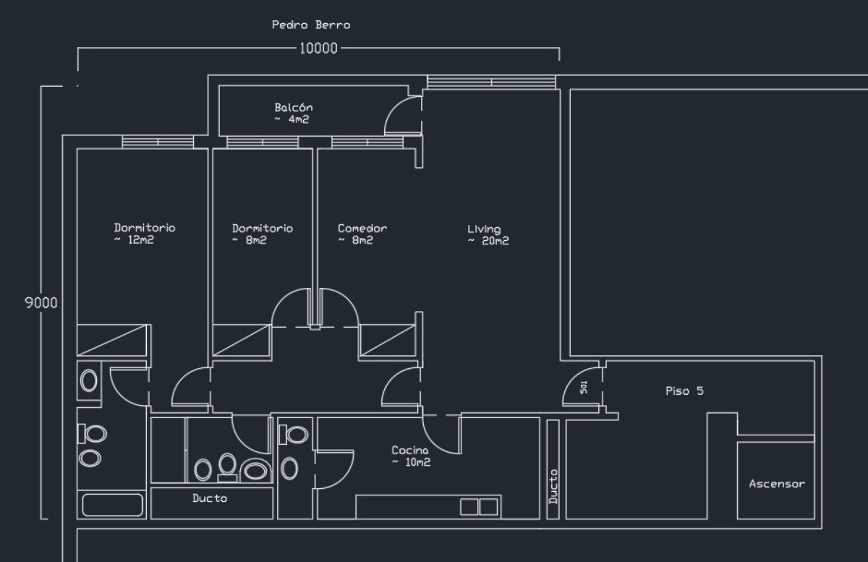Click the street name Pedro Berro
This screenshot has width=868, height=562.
point(311,25)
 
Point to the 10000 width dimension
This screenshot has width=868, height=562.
point(318,48)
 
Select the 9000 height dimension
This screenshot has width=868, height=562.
point(41,303)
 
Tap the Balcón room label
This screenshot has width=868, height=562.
point(293,114)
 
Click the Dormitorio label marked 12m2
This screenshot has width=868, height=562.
point(144,234)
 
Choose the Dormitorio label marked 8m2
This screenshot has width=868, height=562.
point(262,234)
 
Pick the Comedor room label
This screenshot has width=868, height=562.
point(362,234)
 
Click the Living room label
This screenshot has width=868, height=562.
point(488,235)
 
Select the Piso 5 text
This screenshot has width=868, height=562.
point(684,391)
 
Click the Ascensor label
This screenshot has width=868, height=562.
point(776,484)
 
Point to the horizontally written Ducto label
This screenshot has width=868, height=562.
point(210,498)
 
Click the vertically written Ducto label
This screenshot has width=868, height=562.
point(553,486)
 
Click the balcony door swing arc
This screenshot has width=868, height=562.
point(398,116)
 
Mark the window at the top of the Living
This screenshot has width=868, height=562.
point(492,82)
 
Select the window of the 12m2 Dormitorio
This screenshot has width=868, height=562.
point(158,142)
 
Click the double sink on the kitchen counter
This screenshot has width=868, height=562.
point(479,506)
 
